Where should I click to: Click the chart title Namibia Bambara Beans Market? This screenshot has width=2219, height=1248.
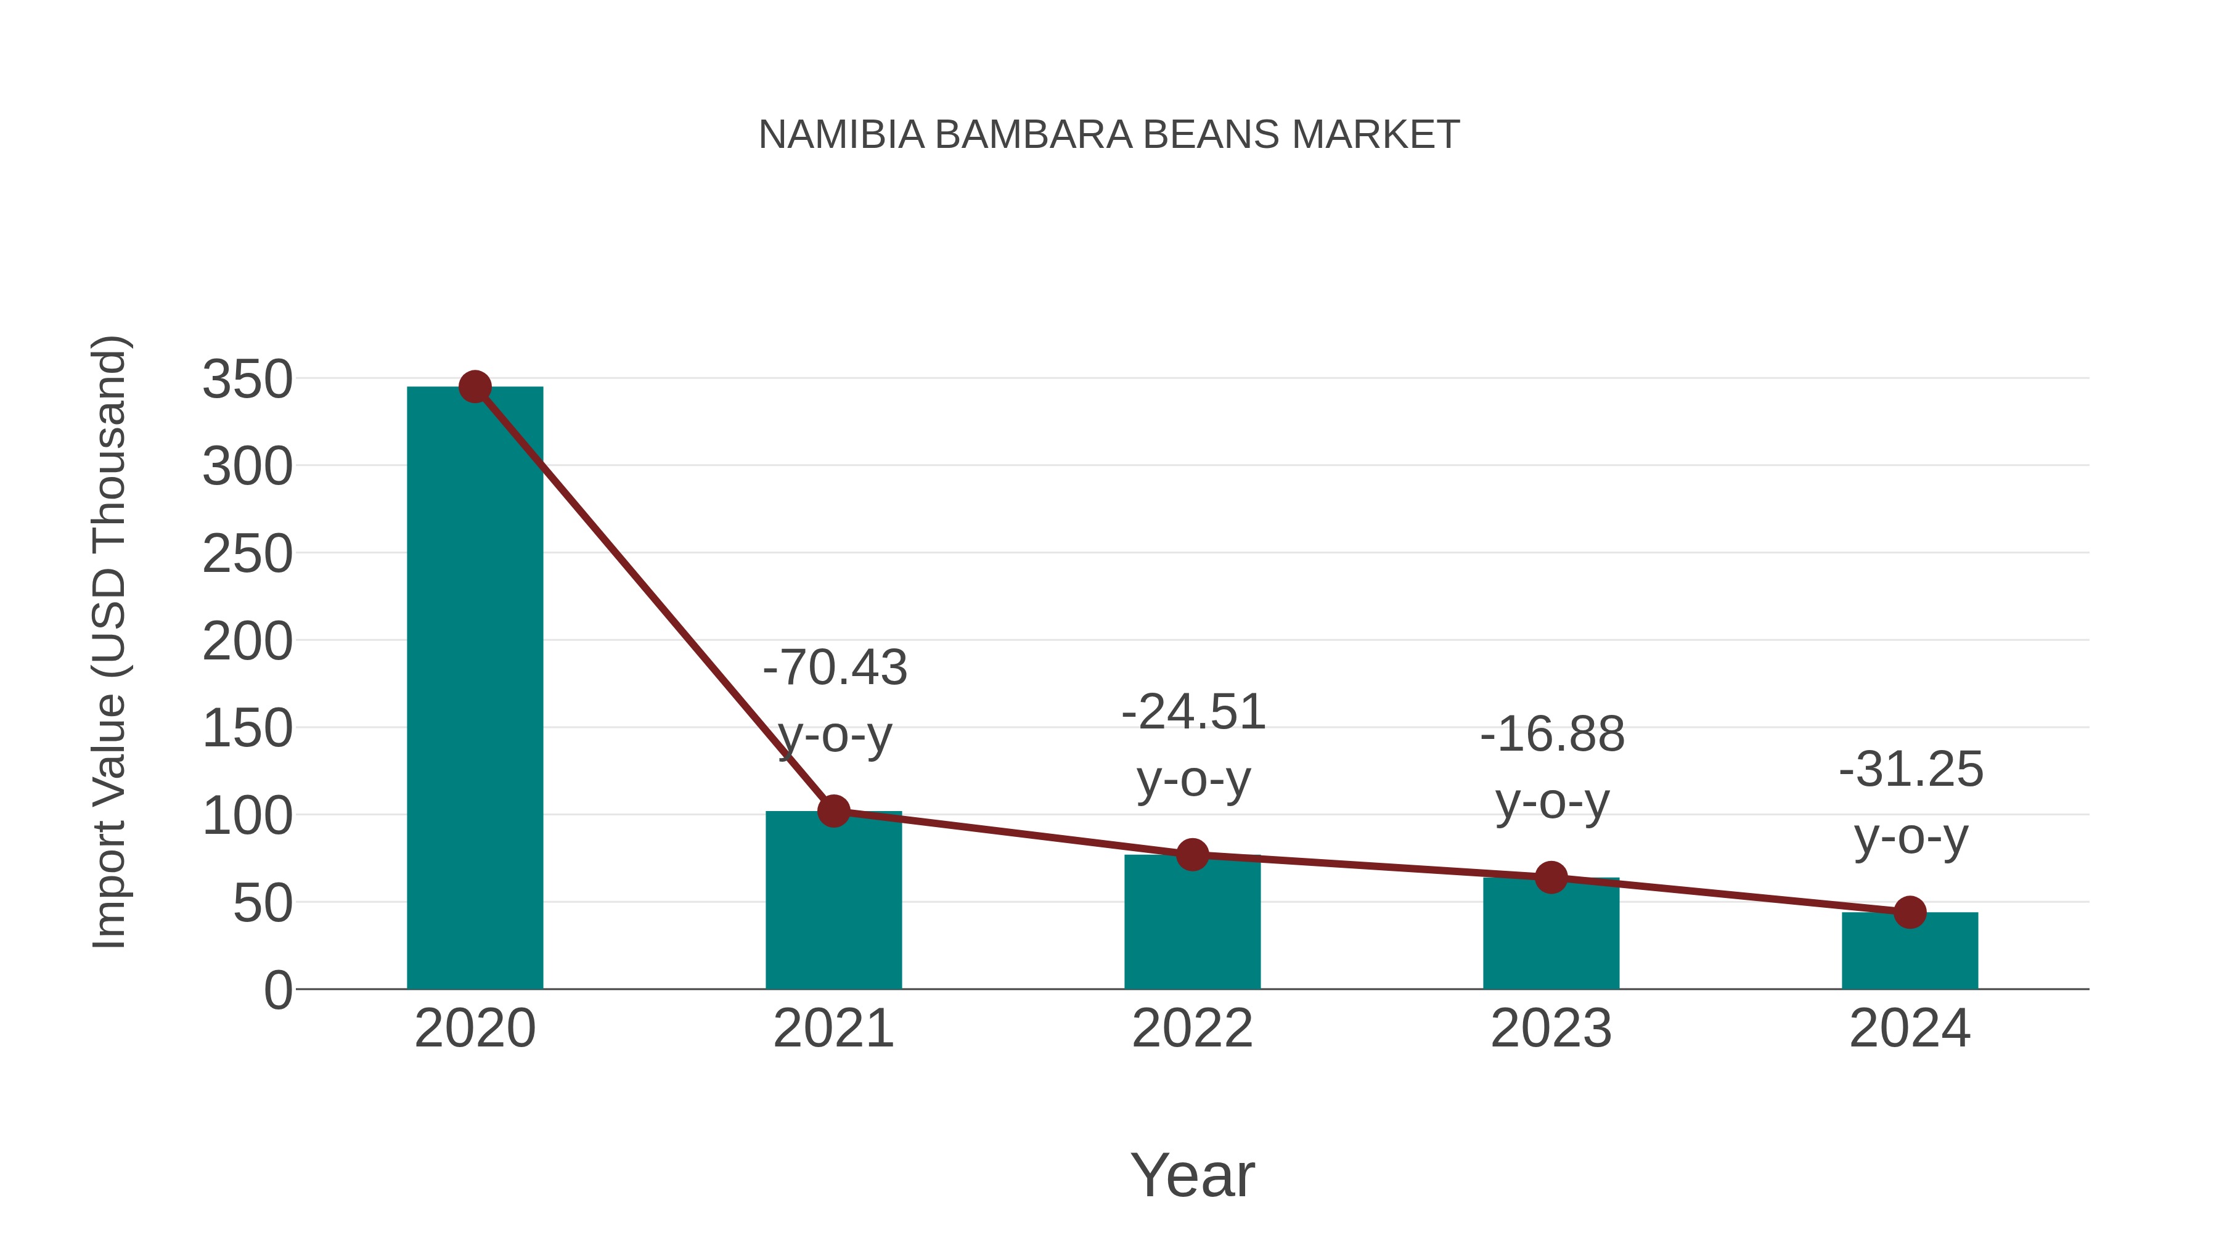tap(1109, 134)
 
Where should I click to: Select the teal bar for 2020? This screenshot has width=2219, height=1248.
tap(475, 689)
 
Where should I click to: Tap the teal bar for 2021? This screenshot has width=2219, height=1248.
tap(833, 904)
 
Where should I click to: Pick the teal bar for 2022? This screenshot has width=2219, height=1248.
tap(1192, 926)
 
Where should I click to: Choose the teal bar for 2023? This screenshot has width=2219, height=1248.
tap(1551, 937)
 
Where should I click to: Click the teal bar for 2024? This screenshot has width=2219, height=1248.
tap(1910, 953)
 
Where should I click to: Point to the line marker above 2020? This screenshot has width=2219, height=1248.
tap(475, 386)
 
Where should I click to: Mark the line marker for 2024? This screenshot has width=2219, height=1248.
tap(1910, 912)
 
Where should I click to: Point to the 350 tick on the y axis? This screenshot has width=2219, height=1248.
tap(247, 379)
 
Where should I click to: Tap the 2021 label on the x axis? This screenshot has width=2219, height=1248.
tap(833, 1029)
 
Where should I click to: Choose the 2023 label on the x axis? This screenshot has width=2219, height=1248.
tap(1551, 1029)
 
